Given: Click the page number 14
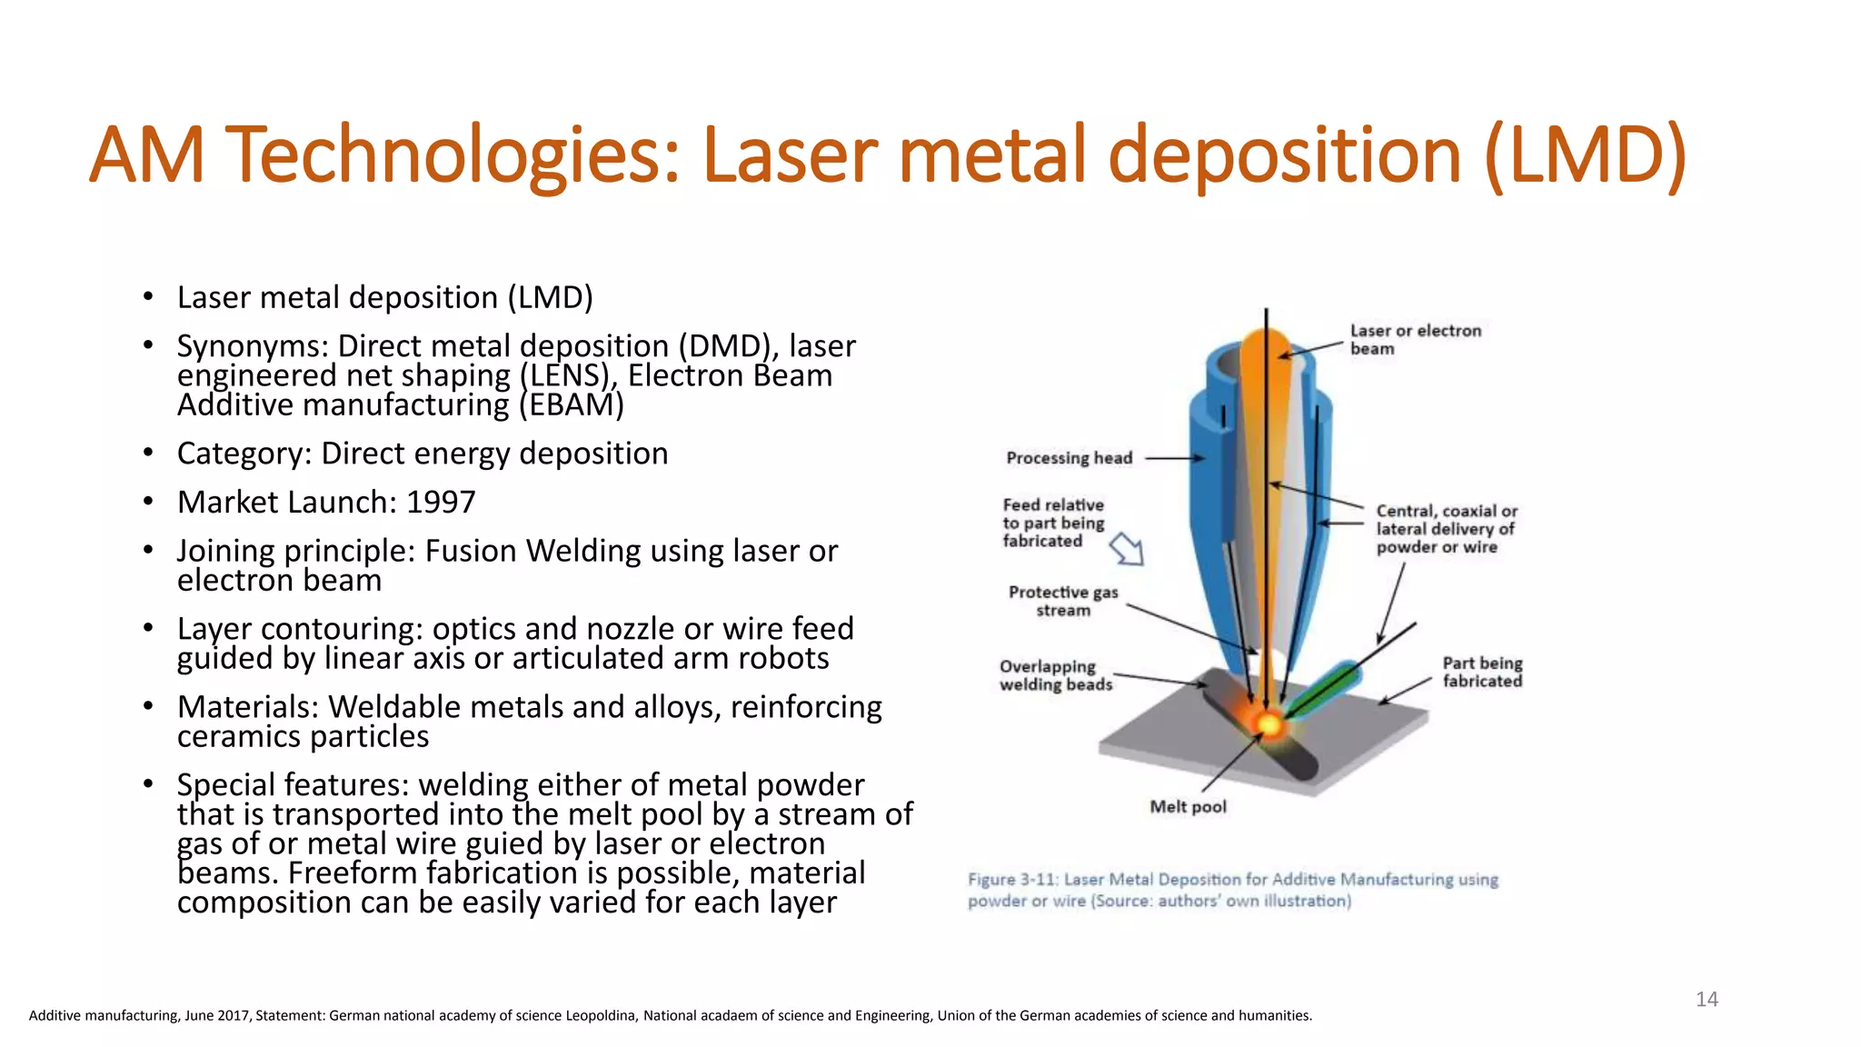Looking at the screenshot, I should click(1707, 1000).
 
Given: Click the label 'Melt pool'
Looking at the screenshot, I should click(1188, 807).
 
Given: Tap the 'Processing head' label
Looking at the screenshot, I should click(1069, 458).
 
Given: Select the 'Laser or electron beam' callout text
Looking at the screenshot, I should click(1415, 339).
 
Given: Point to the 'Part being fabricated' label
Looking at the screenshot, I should click(1482, 672).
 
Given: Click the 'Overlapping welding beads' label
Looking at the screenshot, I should click(1056, 675).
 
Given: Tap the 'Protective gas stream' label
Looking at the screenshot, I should click(1063, 601).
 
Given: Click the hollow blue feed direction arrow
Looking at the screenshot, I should click(1128, 549).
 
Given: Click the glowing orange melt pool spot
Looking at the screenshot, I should click(1269, 724).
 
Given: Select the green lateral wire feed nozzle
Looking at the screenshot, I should click(1325, 690).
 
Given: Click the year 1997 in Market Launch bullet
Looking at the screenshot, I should click(441, 503).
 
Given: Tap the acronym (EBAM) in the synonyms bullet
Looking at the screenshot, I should click(572, 405).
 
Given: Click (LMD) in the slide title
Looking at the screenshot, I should click(1585, 155).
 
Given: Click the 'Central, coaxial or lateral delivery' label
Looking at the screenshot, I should click(1445, 528).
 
